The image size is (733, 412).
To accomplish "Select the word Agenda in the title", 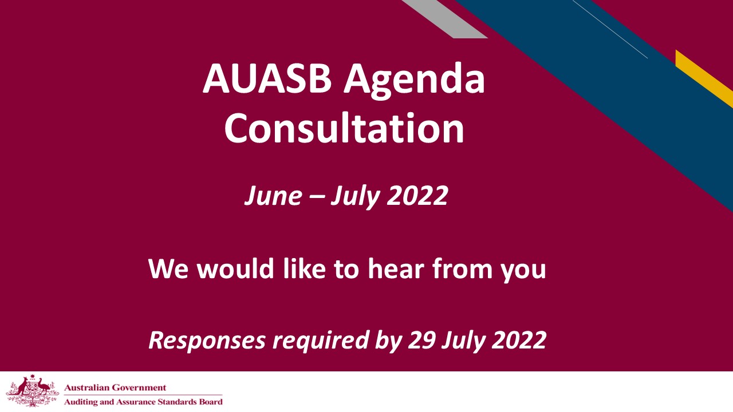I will pos(414,80).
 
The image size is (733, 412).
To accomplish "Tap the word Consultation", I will pos(344,129).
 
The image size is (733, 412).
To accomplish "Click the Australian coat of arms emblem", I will pos(31,391).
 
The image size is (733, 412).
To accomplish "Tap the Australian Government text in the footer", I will pos(116,388).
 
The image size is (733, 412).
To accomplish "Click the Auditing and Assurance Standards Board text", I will pos(143,402).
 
